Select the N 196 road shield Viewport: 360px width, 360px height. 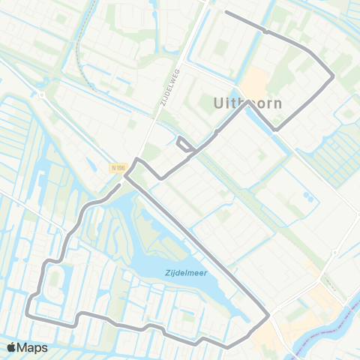pos(116,168)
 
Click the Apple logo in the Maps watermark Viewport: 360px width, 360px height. pos(12,347)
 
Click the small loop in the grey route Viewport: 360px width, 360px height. pos(182,143)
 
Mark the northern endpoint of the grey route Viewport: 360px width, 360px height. pos(226,13)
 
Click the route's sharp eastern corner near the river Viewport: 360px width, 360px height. pos(268,317)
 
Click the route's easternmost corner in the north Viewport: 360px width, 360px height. pos(334,75)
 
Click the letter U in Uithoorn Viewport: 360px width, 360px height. pos(219,103)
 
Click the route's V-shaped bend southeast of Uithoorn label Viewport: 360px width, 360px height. pos(275,130)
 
